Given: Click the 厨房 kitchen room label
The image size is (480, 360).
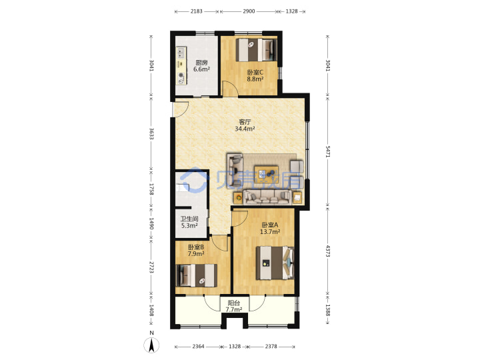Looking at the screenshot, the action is [201, 63].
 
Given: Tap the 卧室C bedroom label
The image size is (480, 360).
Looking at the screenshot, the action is [255, 73].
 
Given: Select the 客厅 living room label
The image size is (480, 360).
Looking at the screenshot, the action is [245, 122].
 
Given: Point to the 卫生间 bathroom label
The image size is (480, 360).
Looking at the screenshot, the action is [189, 219].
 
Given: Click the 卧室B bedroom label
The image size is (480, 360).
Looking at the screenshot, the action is [196, 247].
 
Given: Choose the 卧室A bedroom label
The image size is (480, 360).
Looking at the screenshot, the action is [270, 225].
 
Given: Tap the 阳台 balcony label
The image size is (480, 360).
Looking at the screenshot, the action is [233, 303].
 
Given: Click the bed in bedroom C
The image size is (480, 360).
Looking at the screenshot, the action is [256, 50].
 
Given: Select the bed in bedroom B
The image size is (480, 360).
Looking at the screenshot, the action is [197, 275].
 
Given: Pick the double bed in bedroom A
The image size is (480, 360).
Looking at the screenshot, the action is [275, 263].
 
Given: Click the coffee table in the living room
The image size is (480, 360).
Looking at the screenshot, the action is [266, 175].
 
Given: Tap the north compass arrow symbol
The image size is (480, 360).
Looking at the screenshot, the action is [151, 345].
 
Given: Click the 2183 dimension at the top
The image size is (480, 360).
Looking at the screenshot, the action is [197, 11].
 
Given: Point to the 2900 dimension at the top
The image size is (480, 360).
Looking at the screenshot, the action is [249, 11].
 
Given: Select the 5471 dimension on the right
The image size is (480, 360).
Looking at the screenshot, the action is [328, 151].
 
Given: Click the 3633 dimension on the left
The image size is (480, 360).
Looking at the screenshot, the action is [151, 133].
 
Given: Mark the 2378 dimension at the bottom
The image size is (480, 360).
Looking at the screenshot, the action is [271, 346].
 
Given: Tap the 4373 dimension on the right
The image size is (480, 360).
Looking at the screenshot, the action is [328, 251].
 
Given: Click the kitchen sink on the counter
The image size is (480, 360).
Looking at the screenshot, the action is [181, 53].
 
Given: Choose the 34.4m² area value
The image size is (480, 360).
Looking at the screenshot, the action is [245, 129].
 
